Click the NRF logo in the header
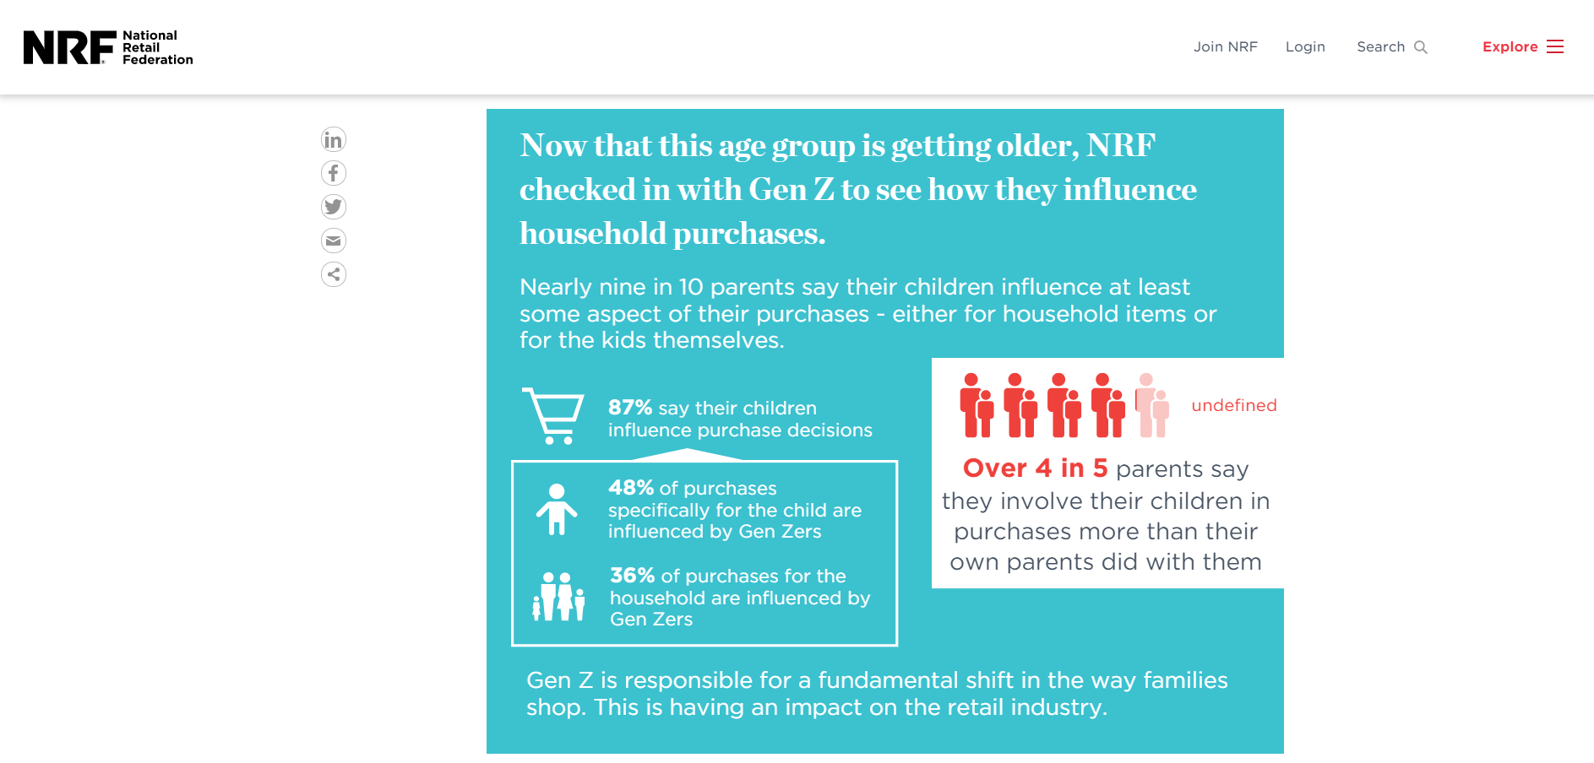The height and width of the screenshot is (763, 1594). (108, 47)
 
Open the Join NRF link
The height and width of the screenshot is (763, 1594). (1225, 47)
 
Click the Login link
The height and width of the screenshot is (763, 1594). (1305, 47)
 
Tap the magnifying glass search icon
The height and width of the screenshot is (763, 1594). (1421, 47)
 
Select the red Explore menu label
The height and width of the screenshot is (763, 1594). (1510, 47)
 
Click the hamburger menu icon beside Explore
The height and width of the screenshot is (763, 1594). (1555, 46)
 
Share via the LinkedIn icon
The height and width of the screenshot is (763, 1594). (334, 139)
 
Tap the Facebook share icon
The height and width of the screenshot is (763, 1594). (334, 173)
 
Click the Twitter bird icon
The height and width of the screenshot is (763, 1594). (334, 207)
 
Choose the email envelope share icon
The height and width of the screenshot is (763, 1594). (334, 241)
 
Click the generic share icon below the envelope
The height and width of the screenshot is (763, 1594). (334, 274)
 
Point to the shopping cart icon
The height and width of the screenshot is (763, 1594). (553, 415)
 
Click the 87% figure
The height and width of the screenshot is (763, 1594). (630, 408)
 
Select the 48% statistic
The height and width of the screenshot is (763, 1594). (631, 488)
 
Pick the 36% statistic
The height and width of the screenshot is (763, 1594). (633, 576)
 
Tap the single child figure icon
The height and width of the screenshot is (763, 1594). (557, 509)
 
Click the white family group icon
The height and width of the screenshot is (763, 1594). (558, 596)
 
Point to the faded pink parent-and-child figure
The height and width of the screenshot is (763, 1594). (1152, 405)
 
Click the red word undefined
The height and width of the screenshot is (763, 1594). (1234, 405)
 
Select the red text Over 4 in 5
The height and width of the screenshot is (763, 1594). (1036, 468)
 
